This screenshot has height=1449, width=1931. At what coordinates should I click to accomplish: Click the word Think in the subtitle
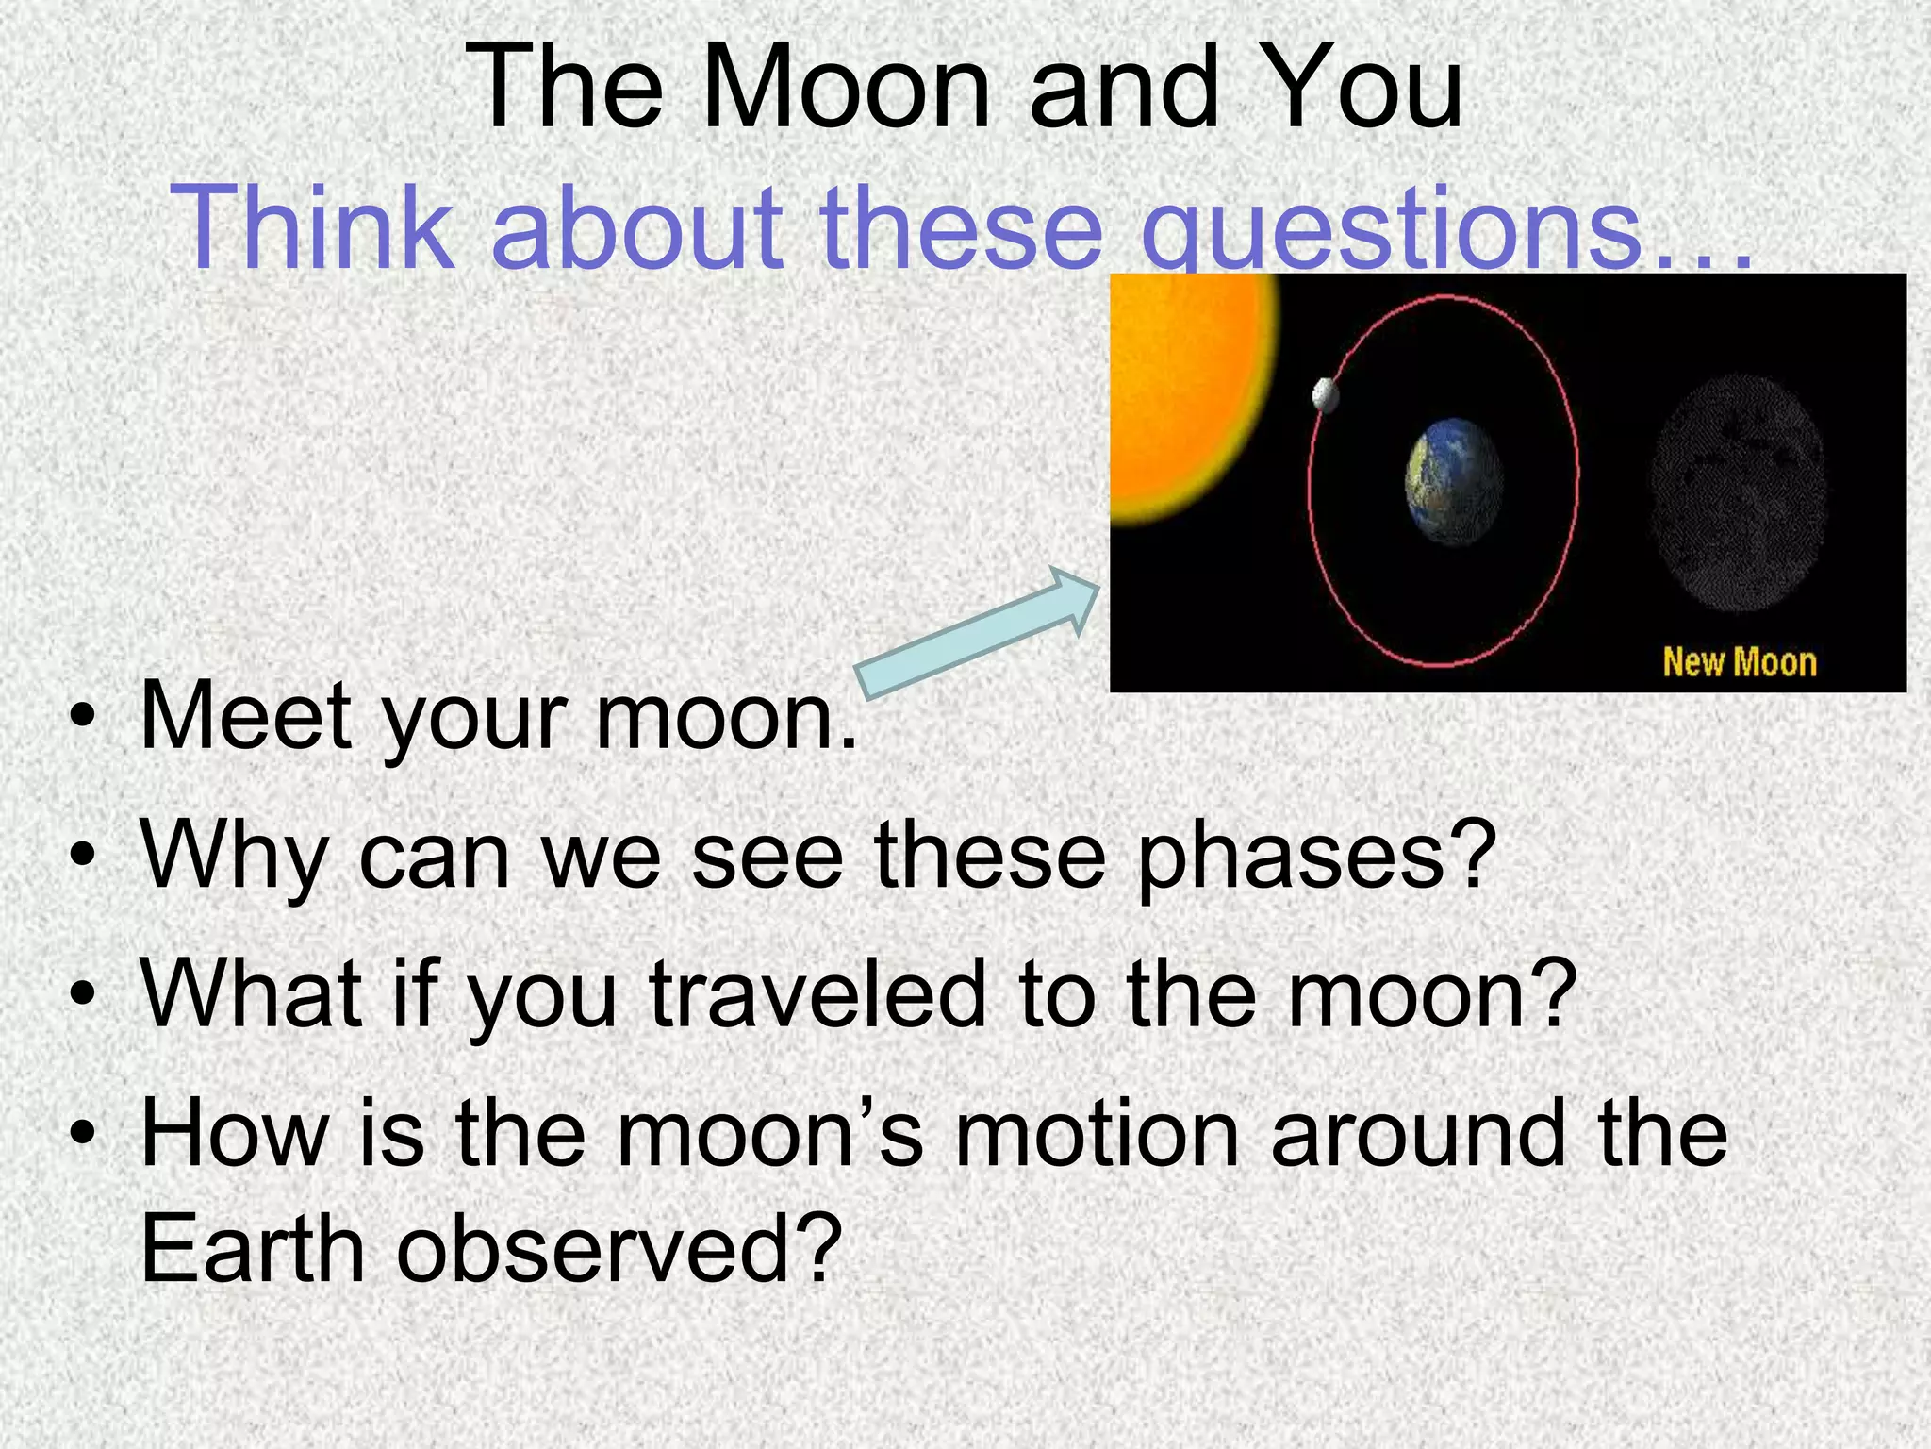(x=313, y=228)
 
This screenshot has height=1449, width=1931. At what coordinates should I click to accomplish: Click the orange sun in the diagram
(x=1188, y=396)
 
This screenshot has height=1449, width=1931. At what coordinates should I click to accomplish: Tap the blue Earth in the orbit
(x=1453, y=481)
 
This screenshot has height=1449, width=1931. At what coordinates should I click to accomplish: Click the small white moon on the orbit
(x=1326, y=394)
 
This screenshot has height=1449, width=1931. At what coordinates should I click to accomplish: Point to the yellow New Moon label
(x=1739, y=662)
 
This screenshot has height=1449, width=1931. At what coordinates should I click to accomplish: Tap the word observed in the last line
(x=619, y=1250)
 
